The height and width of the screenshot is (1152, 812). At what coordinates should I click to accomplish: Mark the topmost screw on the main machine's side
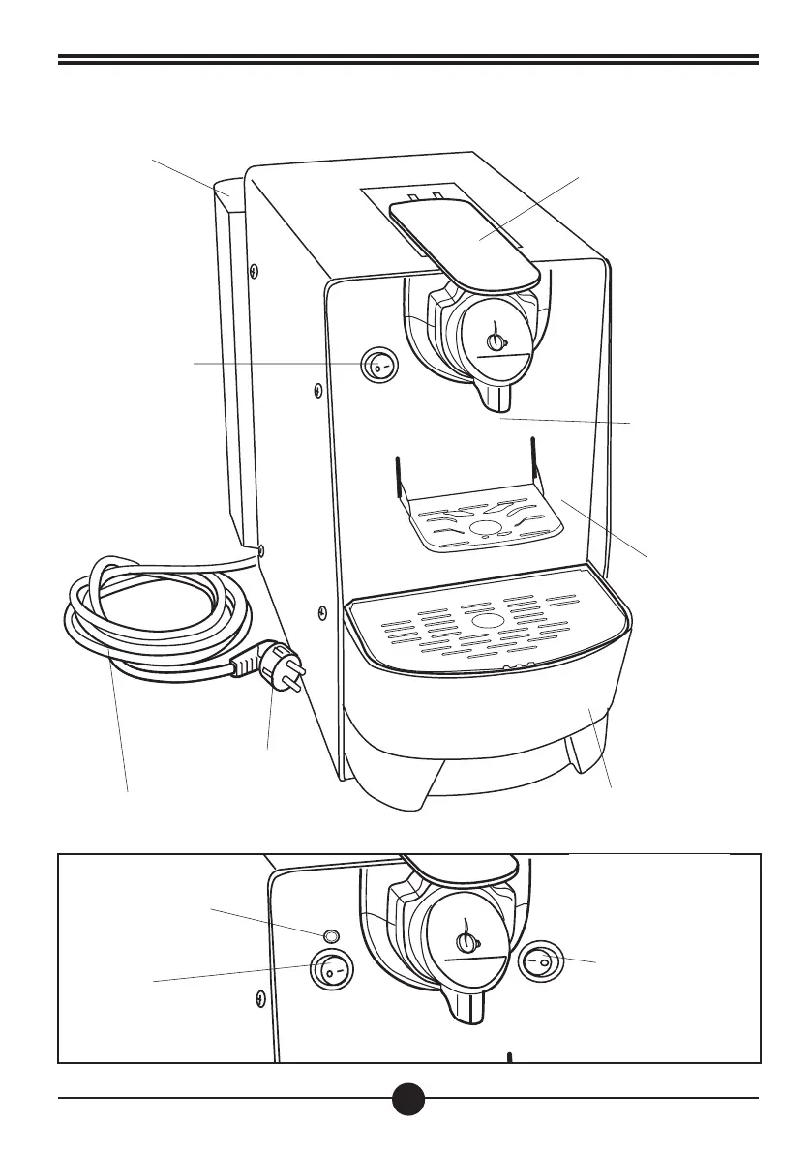(x=253, y=270)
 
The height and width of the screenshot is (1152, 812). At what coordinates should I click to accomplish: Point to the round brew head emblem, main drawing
(x=496, y=340)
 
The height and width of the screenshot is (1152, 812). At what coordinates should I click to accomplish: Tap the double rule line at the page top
(x=407, y=61)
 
